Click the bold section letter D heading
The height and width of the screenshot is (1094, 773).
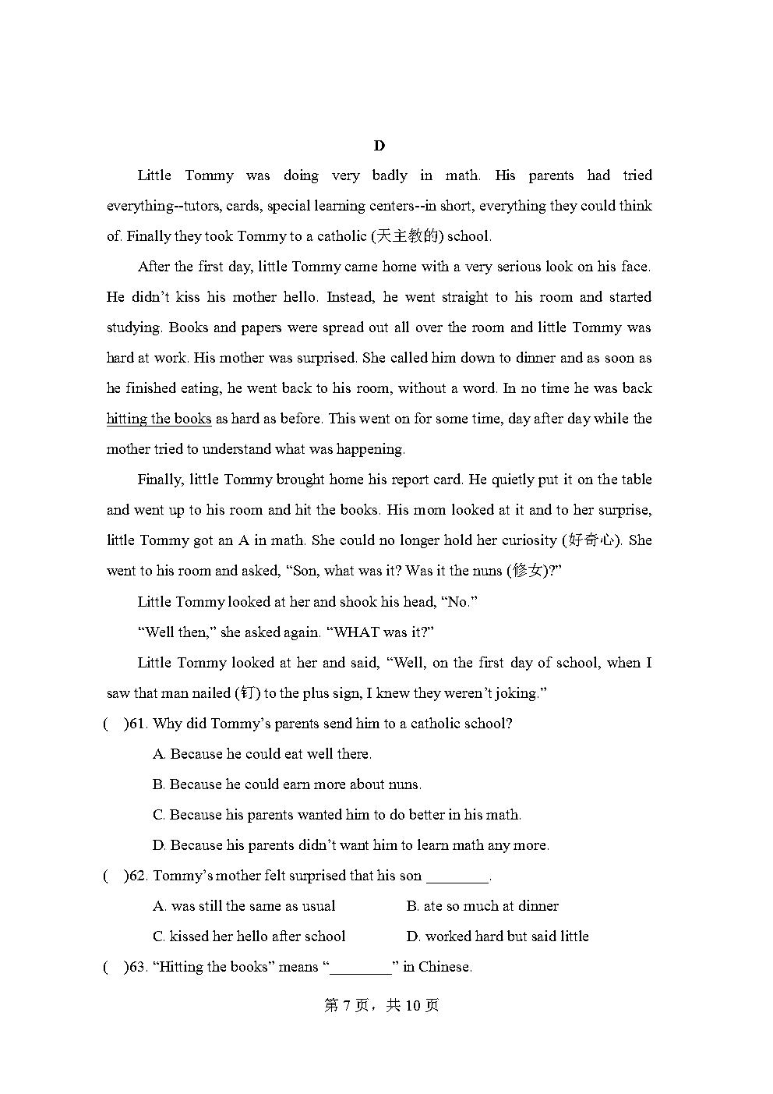tap(379, 146)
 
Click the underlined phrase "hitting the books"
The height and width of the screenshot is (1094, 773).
tap(159, 419)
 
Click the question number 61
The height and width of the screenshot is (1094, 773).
tap(138, 724)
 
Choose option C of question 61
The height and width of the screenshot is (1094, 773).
tap(337, 815)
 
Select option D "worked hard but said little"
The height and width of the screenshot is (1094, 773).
tap(497, 936)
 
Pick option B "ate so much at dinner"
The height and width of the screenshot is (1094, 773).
tap(482, 906)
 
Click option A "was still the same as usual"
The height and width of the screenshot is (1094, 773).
tap(244, 906)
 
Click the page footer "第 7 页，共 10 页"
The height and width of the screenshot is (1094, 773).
tap(381, 1005)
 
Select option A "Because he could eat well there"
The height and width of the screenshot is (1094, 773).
tap(262, 754)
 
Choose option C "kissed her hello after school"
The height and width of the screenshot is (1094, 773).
tap(249, 936)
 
